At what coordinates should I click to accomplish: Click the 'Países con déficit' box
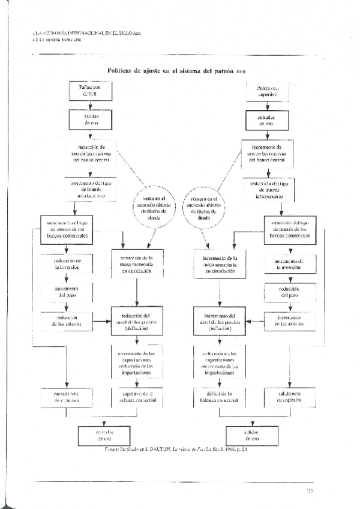90,90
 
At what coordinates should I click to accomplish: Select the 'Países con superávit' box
265,90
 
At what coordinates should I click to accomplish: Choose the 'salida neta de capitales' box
289,397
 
